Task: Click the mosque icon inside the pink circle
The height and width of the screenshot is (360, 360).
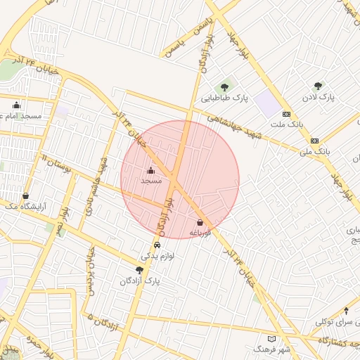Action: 150,170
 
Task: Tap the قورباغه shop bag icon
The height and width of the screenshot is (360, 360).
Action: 200,221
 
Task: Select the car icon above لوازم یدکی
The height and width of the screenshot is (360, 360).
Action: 157,245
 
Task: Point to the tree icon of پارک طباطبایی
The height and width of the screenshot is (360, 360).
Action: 224,87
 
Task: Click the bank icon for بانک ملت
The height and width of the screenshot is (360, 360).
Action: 286,113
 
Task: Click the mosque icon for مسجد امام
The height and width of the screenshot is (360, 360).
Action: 16,105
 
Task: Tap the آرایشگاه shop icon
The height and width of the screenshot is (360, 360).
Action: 26,195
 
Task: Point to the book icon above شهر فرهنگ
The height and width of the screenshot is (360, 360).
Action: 271,339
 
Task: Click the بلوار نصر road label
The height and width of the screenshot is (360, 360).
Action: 63,220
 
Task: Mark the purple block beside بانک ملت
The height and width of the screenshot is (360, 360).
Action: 266,104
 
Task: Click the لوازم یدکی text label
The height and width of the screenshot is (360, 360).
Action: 158,257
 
